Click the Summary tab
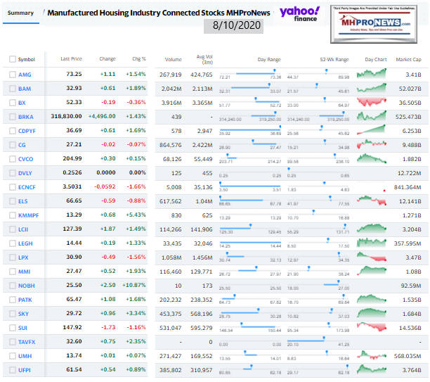point(20,12)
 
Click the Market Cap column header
point(408,59)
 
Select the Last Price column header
point(71,59)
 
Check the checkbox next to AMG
point(12,74)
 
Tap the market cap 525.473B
point(407,117)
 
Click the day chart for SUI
point(371,314)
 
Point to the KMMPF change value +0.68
point(107,215)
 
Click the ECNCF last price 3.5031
point(73,187)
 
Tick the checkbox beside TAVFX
point(12,343)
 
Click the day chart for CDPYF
point(371,131)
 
